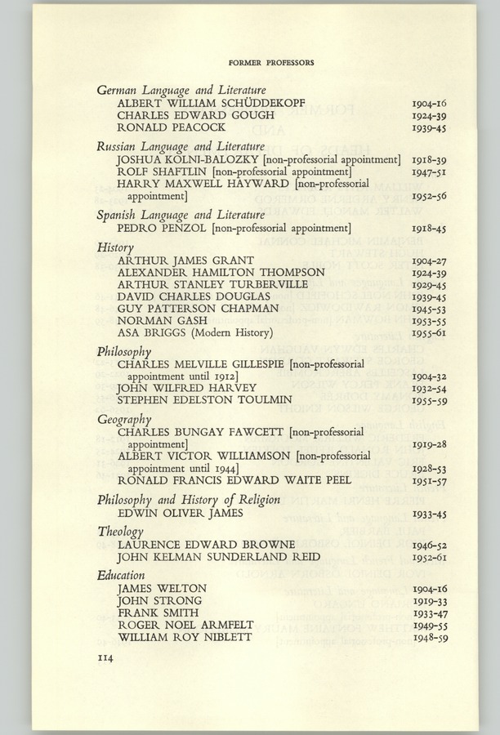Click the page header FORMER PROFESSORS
click(271, 62)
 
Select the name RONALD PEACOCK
click(171, 127)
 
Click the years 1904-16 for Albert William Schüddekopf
click(429, 105)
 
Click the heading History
click(115, 247)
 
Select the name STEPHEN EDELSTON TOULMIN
click(204, 399)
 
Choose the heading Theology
click(121, 532)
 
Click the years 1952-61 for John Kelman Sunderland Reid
click(429, 557)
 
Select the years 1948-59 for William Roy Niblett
click(429, 637)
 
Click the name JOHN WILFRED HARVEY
click(187, 387)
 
